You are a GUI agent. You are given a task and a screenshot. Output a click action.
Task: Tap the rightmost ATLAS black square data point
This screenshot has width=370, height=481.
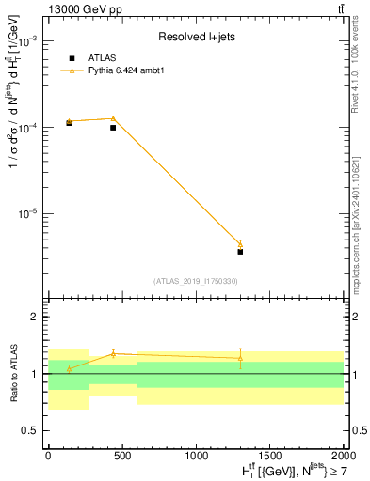(x=240, y=252)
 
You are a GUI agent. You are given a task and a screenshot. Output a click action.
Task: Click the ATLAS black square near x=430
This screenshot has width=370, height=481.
(x=113, y=128)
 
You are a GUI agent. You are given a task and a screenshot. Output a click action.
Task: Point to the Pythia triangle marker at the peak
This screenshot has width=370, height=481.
(x=113, y=118)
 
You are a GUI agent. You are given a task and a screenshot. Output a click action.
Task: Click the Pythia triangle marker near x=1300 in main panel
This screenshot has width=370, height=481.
(x=240, y=244)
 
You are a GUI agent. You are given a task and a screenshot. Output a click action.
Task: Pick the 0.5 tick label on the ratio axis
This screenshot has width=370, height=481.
(x=32, y=430)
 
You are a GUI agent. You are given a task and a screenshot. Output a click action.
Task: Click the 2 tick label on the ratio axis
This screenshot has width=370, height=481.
(x=36, y=318)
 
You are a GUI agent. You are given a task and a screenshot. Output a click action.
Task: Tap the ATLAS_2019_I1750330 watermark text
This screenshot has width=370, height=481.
(x=195, y=281)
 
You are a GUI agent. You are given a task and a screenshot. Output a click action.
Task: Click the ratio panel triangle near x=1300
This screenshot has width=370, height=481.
(x=240, y=358)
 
